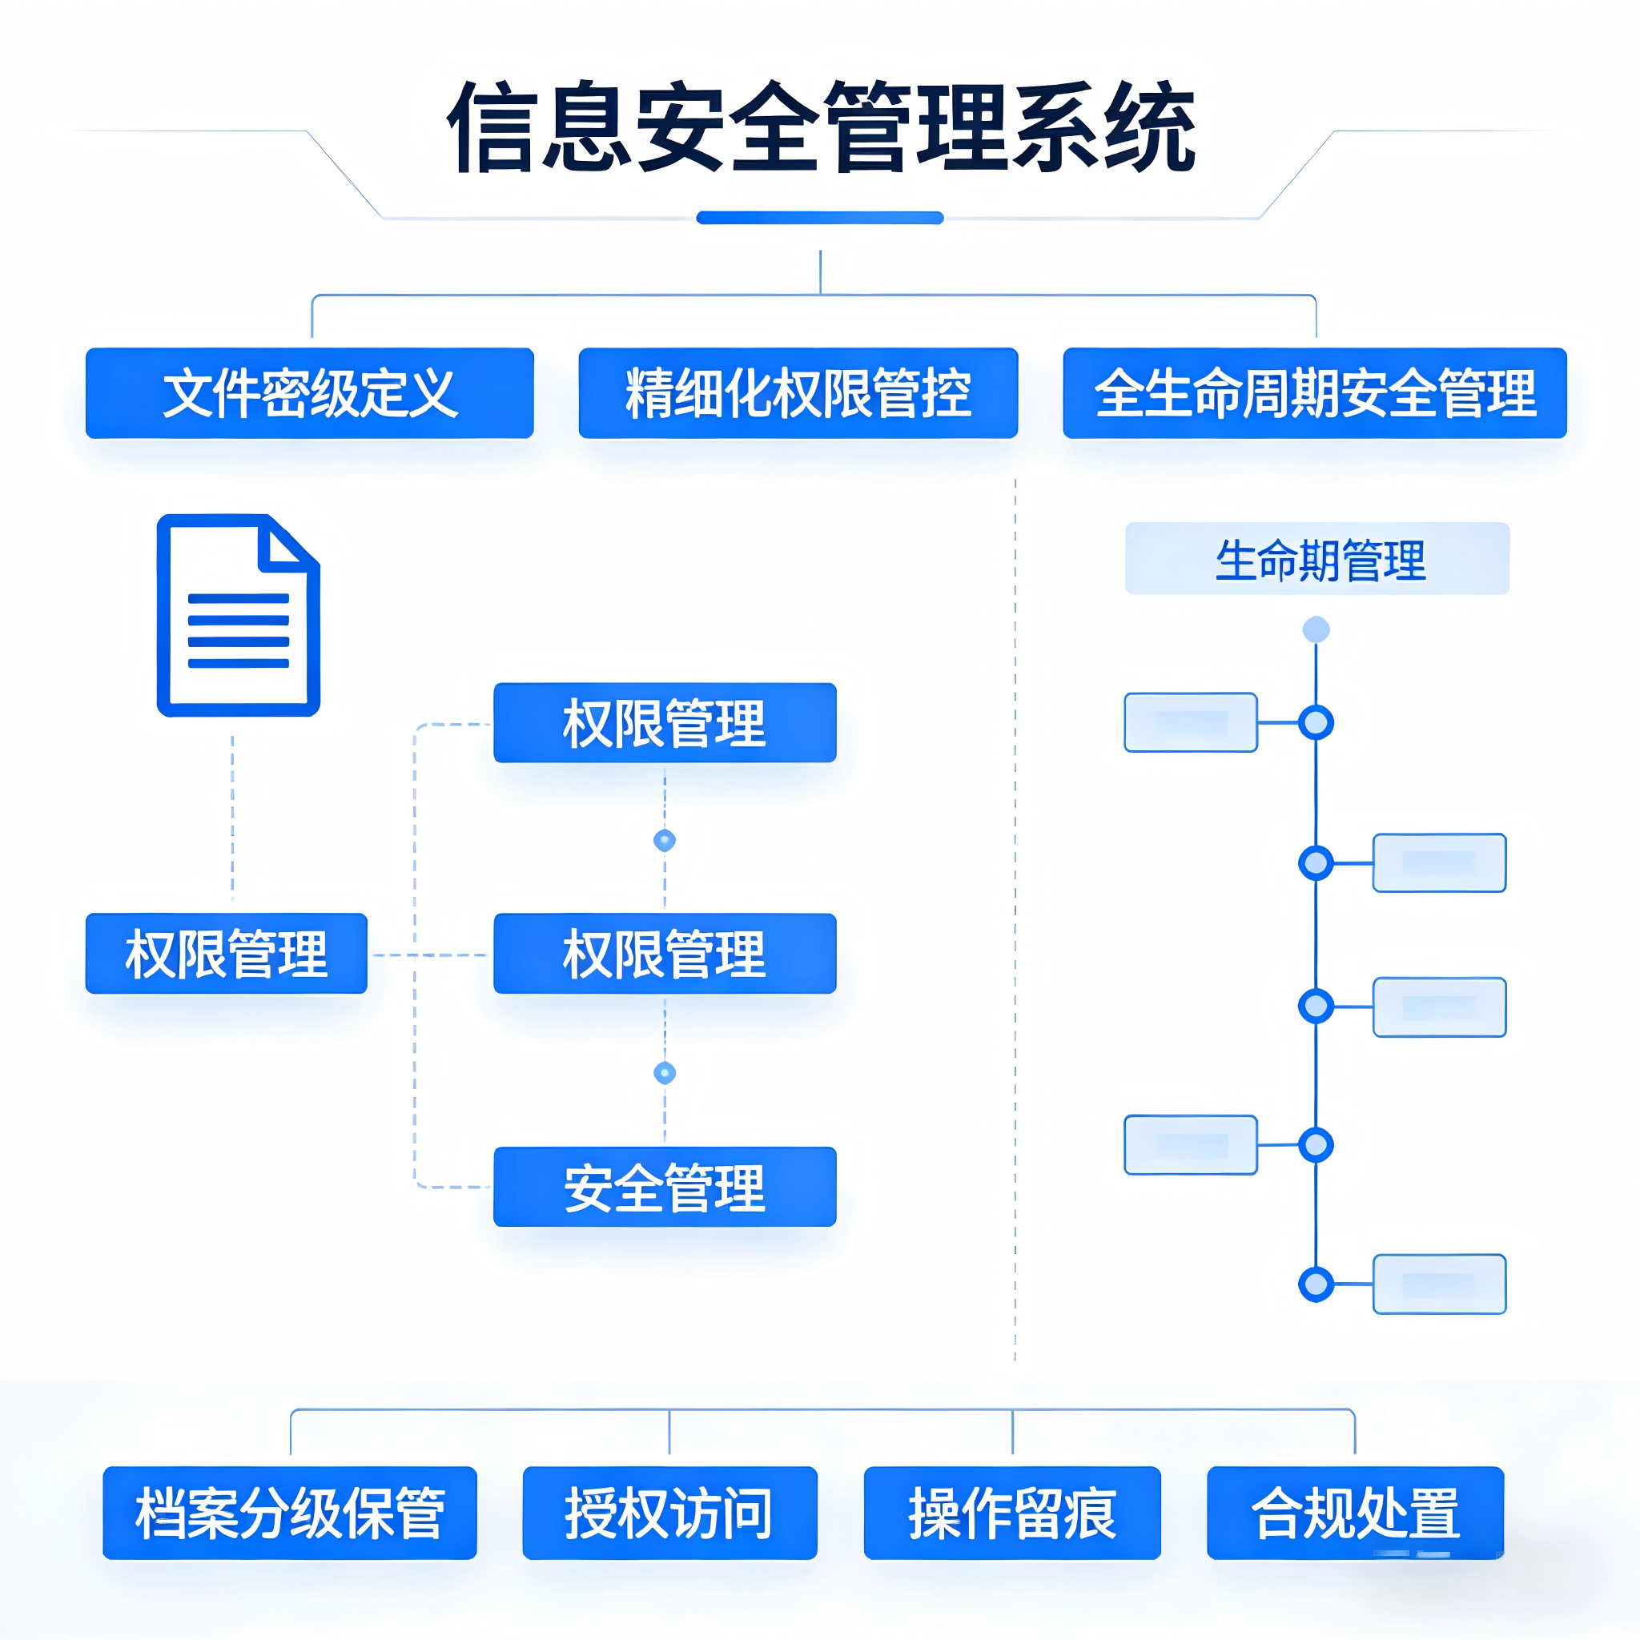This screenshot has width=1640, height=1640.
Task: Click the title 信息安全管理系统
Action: click(820, 127)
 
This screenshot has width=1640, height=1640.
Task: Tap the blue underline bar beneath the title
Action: click(820, 218)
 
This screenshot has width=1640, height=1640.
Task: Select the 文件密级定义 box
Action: click(310, 393)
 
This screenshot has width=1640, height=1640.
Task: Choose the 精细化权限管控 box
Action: click(798, 393)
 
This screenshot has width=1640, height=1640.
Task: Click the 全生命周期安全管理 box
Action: click(1314, 393)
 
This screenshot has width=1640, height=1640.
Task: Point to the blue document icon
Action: click(239, 616)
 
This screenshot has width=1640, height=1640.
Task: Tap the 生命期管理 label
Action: click(1316, 559)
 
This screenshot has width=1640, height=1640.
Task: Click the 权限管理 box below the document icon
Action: click(226, 953)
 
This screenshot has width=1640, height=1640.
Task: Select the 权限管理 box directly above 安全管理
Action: click(665, 953)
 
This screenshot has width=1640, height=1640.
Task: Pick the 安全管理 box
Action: click(665, 1187)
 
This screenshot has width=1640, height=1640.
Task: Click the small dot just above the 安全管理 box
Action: click(665, 1073)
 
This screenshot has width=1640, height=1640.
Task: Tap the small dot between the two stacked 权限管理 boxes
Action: click(665, 840)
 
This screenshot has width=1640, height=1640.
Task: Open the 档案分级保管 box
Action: click(289, 1513)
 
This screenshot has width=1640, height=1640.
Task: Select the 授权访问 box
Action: click(669, 1513)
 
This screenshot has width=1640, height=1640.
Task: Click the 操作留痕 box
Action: click(1012, 1513)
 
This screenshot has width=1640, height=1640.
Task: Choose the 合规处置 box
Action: click(1355, 1513)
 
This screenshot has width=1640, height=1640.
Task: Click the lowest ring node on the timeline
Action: click(1316, 1284)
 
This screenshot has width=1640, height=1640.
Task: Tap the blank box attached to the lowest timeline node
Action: click(1439, 1284)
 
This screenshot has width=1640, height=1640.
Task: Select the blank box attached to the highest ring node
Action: click(1190, 722)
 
